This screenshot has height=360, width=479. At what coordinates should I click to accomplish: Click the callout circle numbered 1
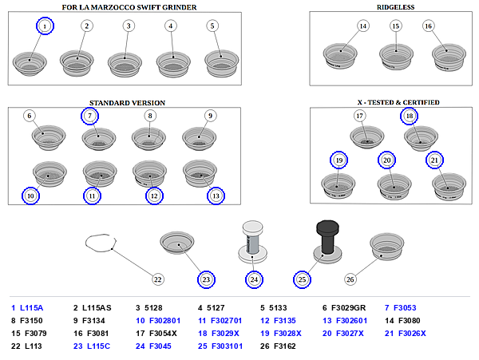coord(45,26)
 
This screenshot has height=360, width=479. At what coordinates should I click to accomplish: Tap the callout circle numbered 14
coord(363,26)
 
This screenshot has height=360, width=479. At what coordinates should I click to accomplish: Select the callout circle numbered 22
coord(157,279)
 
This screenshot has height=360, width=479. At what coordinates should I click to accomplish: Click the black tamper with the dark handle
coord(327,242)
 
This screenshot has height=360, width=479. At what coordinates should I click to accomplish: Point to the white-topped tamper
coord(252,242)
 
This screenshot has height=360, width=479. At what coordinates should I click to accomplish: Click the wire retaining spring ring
coord(101,243)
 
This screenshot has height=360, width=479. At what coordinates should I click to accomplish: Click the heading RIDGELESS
coord(396,7)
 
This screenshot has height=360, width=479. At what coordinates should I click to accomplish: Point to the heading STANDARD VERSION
coord(127,103)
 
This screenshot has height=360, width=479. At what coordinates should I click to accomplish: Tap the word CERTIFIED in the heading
coord(421,102)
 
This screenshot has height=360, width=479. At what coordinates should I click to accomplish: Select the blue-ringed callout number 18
coord(410,116)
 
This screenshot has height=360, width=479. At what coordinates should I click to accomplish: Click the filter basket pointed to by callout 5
coord(221,64)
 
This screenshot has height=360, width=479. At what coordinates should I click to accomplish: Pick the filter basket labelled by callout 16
coord(449,57)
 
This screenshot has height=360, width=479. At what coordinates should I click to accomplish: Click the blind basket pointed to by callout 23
coord(177,243)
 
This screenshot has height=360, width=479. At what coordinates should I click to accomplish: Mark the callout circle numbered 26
coord(350,279)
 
